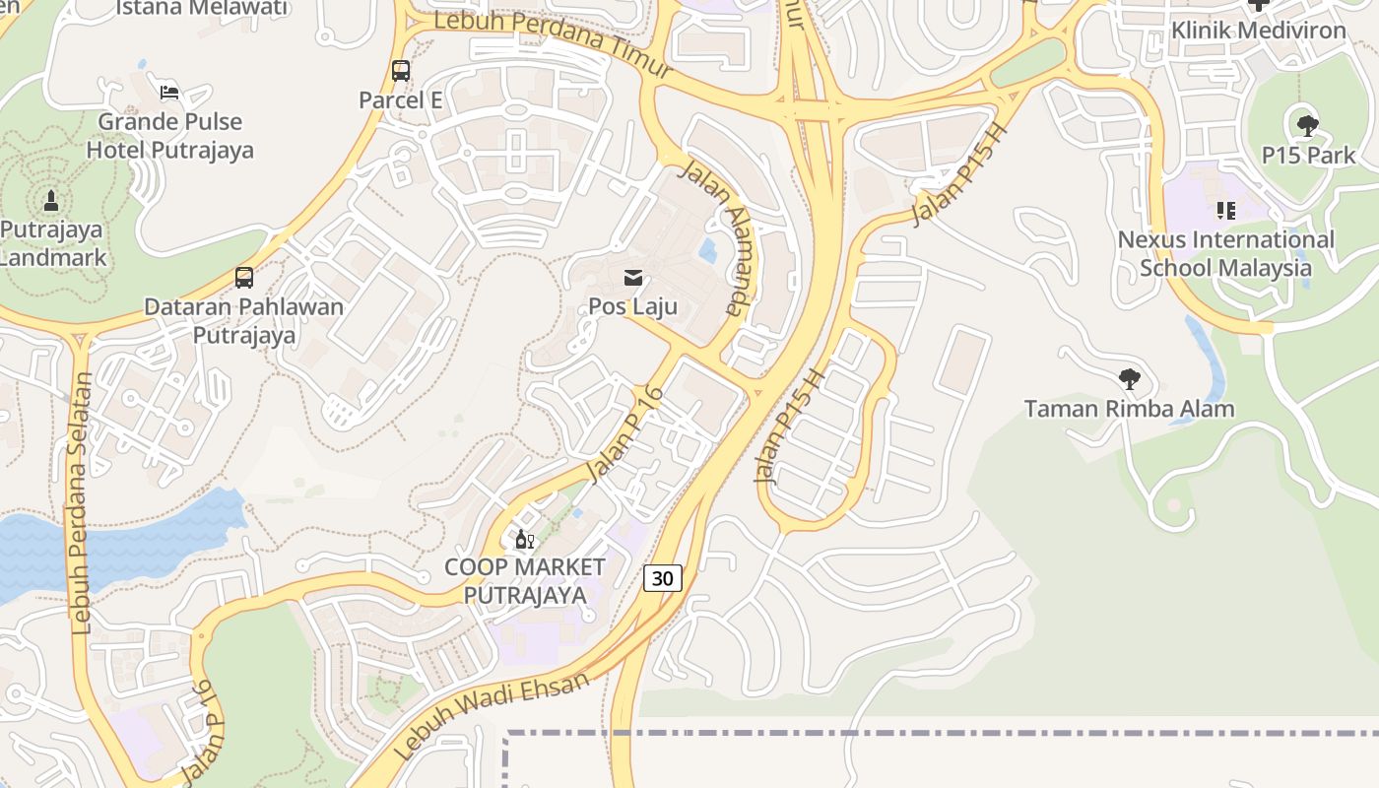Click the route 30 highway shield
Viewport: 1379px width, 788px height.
pos(663,578)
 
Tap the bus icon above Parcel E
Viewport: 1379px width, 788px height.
pos(401,71)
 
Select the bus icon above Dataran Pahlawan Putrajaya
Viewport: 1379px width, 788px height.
pos(244,278)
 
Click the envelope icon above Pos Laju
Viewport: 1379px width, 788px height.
pos(633,278)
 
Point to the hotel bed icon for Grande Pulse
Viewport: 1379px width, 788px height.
pos(170,93)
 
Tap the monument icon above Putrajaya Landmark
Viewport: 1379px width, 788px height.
pos(51,201)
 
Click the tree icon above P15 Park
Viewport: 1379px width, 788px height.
pos(1308,126)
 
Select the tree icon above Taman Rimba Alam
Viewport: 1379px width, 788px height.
pos(1129,379)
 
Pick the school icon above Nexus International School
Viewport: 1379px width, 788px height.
pos(1225,210)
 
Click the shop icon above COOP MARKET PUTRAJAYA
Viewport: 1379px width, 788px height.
pos(524,539)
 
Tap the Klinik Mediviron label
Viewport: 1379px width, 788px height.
pos(1258,31)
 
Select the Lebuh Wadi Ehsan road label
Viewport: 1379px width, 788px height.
pos(492,715)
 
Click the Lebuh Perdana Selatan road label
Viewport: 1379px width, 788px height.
pos(82,502)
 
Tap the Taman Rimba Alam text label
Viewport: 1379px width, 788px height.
pos(1129,409)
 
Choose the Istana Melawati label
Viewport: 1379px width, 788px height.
pos(202,9)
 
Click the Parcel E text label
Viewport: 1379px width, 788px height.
pos(400,100)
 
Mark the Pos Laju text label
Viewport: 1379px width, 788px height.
pos(633,306)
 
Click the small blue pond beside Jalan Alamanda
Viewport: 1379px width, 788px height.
pos(707,250)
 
